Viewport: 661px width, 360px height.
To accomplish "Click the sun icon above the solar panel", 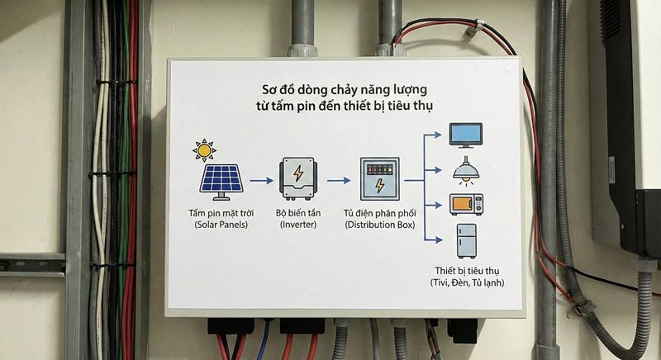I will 203,150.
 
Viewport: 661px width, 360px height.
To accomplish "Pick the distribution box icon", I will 379,179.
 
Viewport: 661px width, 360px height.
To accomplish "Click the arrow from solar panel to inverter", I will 260,179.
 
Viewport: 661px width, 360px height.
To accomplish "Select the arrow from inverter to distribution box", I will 339,179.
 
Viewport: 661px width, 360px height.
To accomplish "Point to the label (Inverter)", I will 298,225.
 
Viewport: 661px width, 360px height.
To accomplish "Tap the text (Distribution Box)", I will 379,225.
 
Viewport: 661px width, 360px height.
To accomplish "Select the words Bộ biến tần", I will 298,213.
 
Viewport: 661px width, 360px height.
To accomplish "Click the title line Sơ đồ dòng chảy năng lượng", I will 345,88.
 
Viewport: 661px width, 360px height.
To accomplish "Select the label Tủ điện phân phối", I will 379,213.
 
